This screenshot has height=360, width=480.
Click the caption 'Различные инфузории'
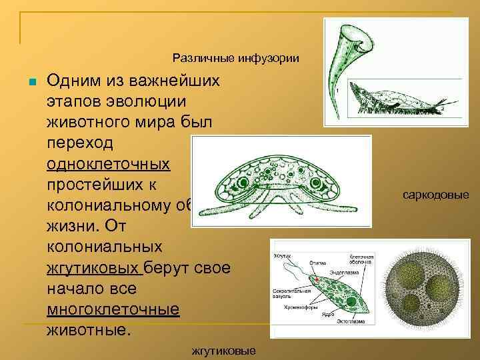coord(235,58)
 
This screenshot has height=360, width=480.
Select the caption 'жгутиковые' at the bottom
coord(223,350)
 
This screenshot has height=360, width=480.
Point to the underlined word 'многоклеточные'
coord(113,309)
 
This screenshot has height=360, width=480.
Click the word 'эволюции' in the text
coord(149,101)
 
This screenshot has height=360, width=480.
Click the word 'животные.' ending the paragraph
coord(87,329)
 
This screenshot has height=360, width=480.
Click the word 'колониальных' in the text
coord(95,246)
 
